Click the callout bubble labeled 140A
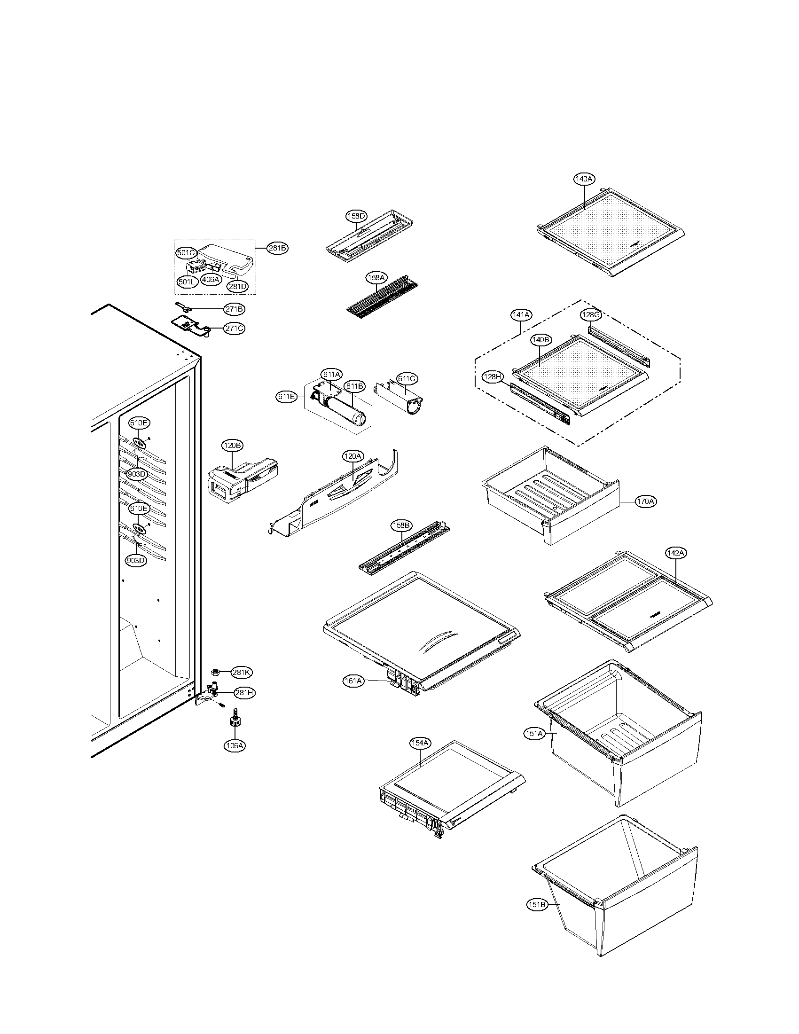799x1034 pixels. [584, 179]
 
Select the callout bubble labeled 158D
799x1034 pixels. [356, 216]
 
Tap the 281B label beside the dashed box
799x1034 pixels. [277, 248]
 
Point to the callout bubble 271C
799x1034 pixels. [235, 328]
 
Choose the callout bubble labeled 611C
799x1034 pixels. [407, 379]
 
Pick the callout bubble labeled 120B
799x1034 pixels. [232, 445]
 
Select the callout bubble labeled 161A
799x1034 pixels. [353, 681]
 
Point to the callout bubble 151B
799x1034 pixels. [537, 905]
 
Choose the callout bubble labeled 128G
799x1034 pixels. [591, 315]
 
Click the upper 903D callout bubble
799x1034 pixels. [137, 473]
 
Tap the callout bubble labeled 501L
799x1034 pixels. [187, 282]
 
